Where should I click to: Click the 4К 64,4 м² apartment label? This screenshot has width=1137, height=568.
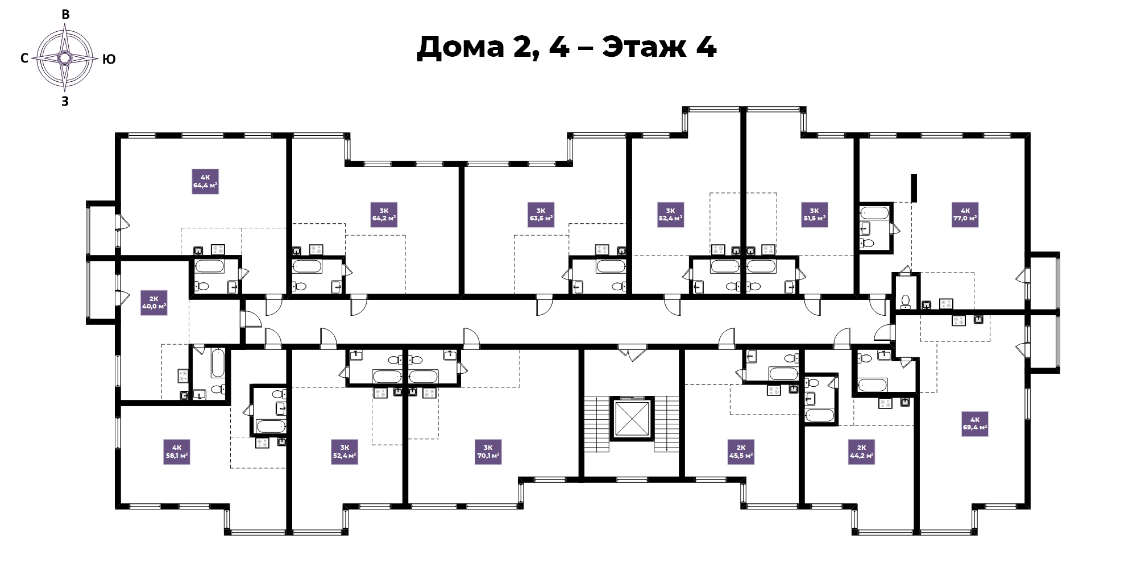click(205, 181)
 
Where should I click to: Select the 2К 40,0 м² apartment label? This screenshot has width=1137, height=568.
click(154, 303)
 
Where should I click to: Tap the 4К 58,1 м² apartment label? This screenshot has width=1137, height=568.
click(177, 452)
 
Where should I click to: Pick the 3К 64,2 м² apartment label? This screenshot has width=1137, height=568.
click(384, 215)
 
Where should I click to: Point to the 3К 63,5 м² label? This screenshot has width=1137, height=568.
click(541, 215)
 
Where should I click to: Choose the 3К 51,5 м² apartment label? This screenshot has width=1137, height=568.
click(814, 215)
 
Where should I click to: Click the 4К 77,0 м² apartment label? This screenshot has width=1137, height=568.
click(965, 215)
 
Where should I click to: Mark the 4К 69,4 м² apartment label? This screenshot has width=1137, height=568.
click(975, 424)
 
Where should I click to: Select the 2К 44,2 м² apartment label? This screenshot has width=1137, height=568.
click(861, 452)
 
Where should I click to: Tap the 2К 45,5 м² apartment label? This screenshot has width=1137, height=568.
click(741, 452)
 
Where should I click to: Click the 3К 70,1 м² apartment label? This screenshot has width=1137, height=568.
click(488, 452)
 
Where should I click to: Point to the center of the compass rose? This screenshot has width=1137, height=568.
click(65, 58)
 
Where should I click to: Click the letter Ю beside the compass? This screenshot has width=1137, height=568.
click(109, 59)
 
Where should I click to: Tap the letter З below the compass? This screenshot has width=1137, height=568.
click(65, 102)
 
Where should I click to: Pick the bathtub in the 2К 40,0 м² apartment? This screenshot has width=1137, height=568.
click(218, 364)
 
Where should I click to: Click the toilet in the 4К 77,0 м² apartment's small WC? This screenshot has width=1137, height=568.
click(906, 301)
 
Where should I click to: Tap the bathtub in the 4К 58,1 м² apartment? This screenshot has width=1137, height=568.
click(271, 426)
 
